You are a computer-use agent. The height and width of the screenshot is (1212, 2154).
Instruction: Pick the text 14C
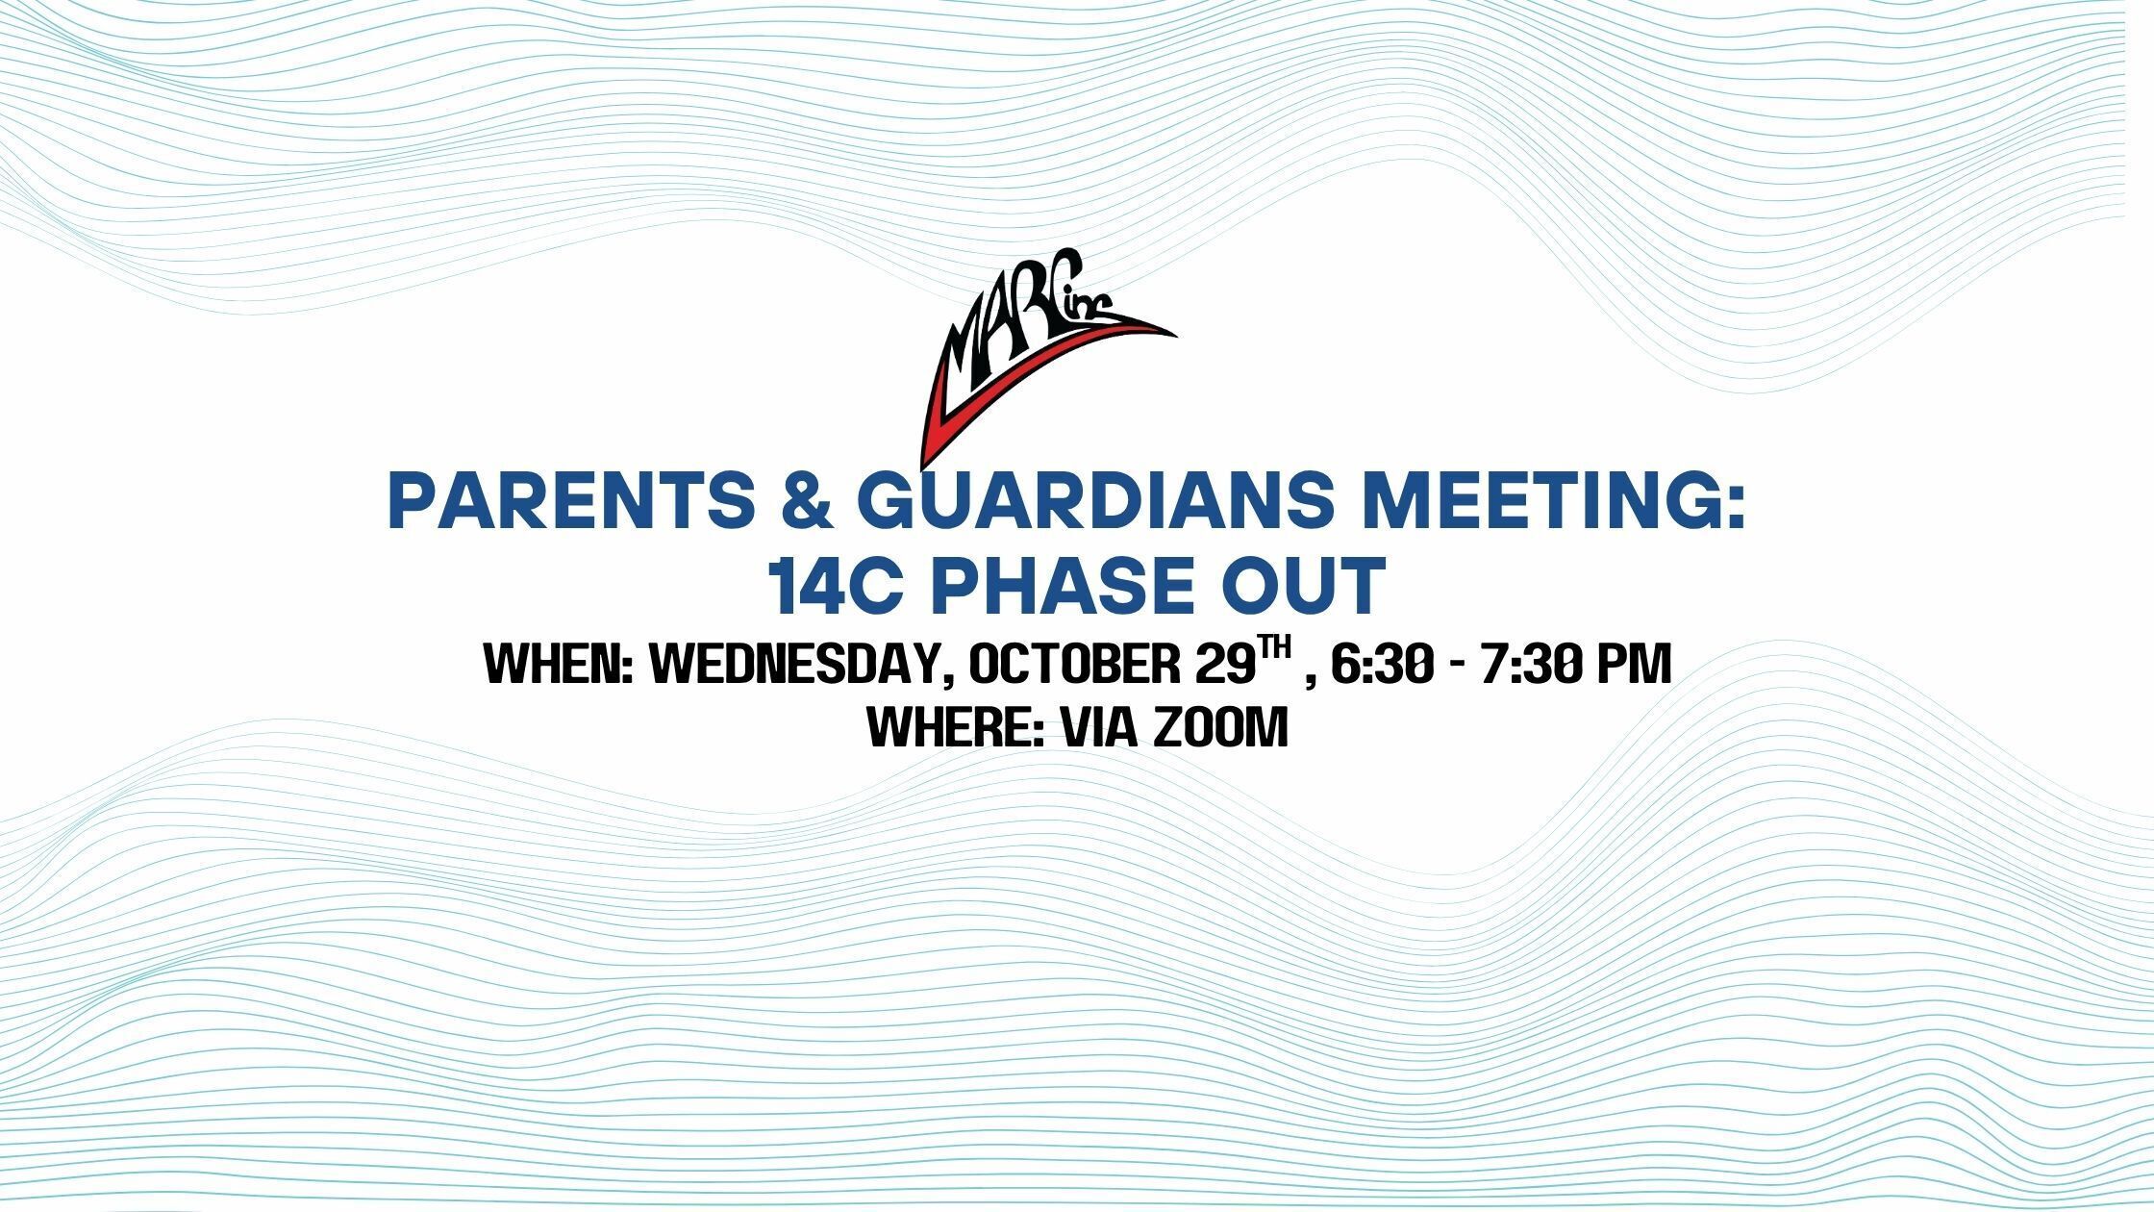(837, 586)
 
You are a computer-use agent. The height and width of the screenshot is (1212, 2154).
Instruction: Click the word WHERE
(957, 727)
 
